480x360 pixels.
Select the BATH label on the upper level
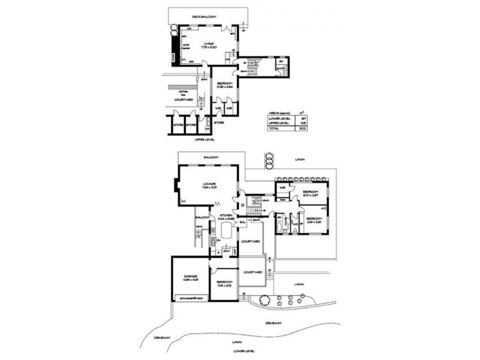point(280,69)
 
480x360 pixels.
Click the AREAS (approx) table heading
point(279,113)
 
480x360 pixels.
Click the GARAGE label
point(191,277)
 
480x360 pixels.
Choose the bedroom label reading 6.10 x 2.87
point(310,193)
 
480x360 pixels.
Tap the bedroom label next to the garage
point(224,283)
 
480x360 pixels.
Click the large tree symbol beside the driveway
point(264,301)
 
